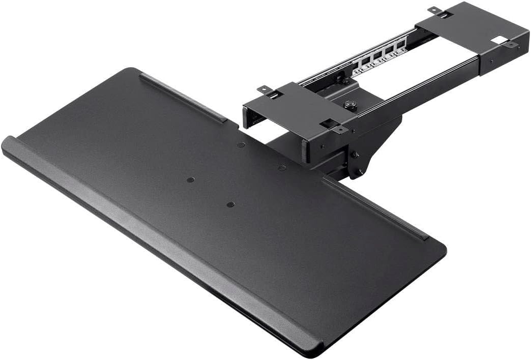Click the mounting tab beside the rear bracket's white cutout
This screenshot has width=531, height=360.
511,45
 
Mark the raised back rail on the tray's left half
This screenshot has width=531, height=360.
183,97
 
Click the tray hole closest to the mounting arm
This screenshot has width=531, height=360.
282,167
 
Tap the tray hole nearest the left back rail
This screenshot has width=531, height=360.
241,145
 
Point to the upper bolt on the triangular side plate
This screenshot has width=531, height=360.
356,155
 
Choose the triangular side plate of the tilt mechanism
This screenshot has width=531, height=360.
374,147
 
